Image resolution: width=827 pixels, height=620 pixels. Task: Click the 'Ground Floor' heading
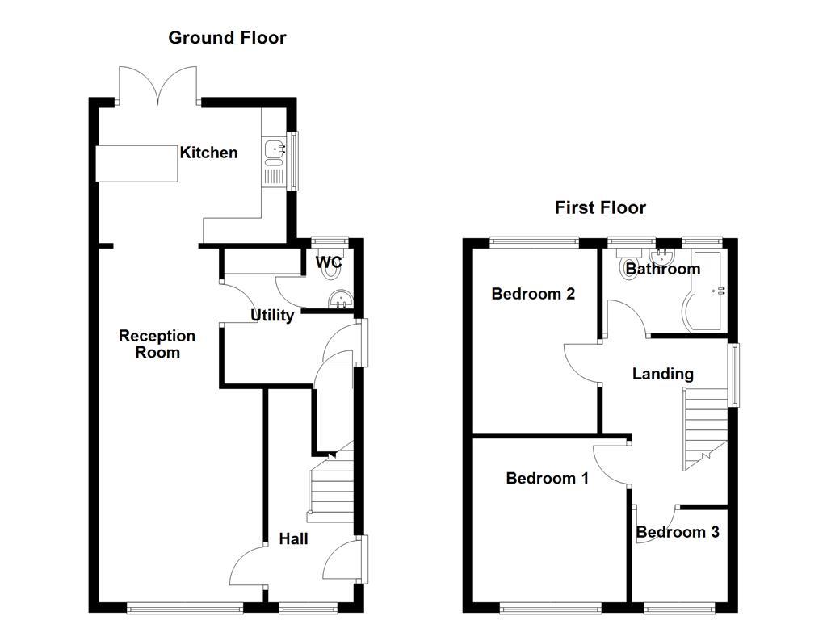[x=227, y=37]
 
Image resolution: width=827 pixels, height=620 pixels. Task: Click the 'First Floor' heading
[x=600, y=207]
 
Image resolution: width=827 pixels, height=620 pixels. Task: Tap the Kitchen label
[x=208, y=153]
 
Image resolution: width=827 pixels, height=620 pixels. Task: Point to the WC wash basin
[x=340, y=300]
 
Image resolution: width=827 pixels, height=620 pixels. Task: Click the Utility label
[x=271, y=316]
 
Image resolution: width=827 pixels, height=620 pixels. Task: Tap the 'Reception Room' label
[x=157, y=344]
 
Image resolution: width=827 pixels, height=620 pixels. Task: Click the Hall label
[x=293, y=538]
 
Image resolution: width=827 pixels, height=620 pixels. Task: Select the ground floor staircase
[x=331, y=484]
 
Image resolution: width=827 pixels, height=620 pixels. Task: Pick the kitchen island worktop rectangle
[x=137, y=163]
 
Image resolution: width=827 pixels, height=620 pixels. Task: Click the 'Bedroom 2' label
[x=533, y=294]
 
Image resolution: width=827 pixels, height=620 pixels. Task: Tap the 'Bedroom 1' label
[x=547, y=478]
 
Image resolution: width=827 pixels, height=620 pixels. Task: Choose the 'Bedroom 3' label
[x=678, y=532]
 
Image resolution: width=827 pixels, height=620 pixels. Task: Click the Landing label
[x=662, y=374]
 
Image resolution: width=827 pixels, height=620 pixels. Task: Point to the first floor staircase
[x=704, y=428]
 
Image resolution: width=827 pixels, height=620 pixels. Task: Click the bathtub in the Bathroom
[x=707, y=295]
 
